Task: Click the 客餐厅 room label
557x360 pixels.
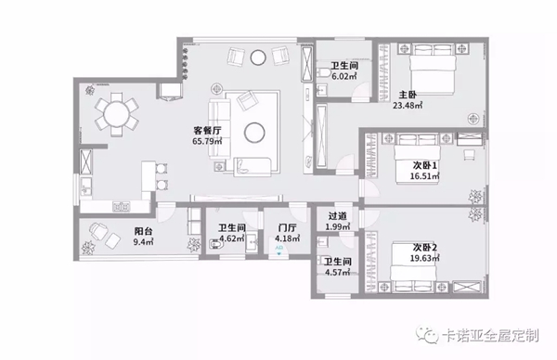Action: point(207,130)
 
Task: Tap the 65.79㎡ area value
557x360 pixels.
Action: point(207,141)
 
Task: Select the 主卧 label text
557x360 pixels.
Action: point(408,95)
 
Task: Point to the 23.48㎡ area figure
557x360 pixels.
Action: point(408,106)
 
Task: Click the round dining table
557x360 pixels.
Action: point(117,114)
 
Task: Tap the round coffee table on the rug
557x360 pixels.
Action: point(254,133)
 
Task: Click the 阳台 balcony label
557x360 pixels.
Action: point(144,231)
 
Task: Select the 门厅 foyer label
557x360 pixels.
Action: point(287,227)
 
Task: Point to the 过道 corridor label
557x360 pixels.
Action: point(338,216)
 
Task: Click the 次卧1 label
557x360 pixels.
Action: point(425,165)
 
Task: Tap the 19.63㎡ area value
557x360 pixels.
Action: point(425,258)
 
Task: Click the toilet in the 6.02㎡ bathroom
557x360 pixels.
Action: point(322,72)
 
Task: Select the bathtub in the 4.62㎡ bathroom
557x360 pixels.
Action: point(215,245)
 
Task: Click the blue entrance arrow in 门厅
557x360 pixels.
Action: point(279,253)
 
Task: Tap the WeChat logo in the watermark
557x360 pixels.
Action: point(427,335)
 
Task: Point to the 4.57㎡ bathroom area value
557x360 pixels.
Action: point(338,273)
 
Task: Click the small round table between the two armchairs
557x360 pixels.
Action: point(258,58)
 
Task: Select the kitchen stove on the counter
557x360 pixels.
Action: point(121,206)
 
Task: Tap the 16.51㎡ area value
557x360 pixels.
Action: point(425,176)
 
